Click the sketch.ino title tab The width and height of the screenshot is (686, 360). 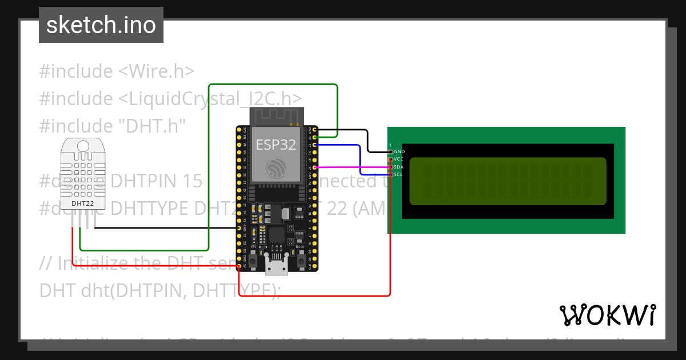(101, 25)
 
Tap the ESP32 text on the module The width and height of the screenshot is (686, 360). (276, 145)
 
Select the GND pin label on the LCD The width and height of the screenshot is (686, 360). (399, 151)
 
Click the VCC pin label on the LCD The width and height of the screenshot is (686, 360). (399, 159)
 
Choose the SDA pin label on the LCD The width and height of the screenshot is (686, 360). (399, 167)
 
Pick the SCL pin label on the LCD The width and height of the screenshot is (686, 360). (398, 174)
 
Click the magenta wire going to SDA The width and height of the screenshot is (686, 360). (352, 167)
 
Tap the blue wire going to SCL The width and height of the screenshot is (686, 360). (360, 160)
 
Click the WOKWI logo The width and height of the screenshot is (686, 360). (607, 315)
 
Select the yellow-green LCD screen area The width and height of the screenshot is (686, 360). (508, 181)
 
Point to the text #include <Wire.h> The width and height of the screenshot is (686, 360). (117, 71)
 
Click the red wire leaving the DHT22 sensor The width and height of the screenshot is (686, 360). (73, 246)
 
